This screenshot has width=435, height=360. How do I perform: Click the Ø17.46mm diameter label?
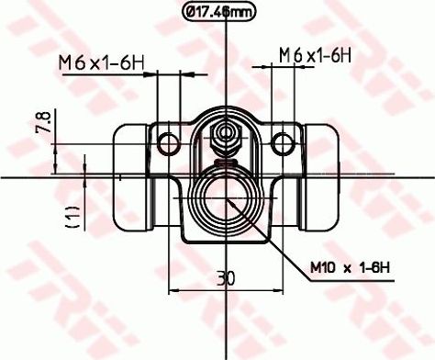tap(217, 13)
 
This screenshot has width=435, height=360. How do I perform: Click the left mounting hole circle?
tap(169, 142)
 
